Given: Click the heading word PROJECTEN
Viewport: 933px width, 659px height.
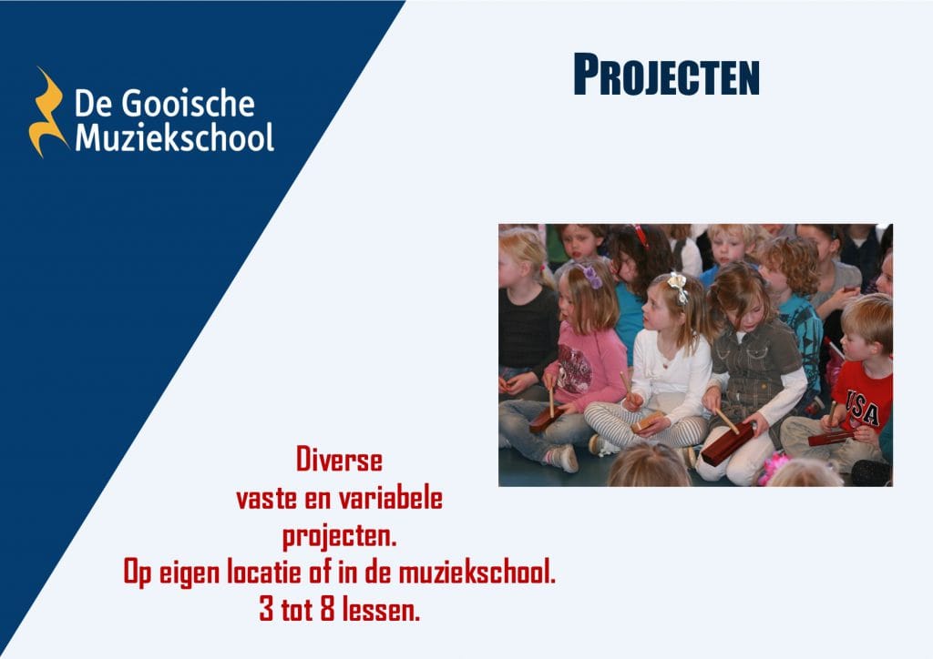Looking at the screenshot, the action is [666, 75].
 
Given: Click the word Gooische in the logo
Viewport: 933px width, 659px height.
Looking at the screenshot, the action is [188, 104].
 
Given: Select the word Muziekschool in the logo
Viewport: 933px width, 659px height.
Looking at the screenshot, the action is [174, 137].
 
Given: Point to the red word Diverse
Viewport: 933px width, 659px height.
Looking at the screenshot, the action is [339, 460].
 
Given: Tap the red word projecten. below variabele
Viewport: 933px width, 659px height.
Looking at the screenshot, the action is [339, 537].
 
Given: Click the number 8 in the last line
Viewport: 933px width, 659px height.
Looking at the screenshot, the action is [327, 609].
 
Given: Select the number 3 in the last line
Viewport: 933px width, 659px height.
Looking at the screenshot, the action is [266, 609].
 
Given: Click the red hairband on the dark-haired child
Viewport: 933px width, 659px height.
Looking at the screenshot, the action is [641, 236].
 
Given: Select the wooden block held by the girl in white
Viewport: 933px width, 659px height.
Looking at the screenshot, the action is [648, 421].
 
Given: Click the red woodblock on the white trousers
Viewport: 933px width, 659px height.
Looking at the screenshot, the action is [727, 443].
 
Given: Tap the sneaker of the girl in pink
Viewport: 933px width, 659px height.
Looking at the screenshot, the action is [560, 458].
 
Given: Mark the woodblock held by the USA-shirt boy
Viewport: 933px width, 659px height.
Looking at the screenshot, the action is [831, 439].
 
